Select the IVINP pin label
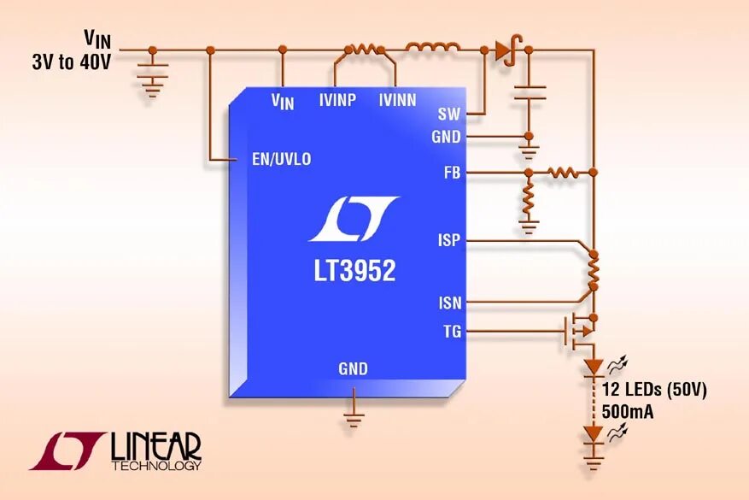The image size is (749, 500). [337, 101]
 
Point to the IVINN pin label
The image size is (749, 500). [397, 101]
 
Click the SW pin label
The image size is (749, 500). [449, 114]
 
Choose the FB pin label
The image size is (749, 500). [453, 173]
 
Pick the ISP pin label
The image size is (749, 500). [449, 240]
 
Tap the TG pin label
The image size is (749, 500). [452, 332]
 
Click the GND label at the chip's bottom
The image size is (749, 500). [353, 369]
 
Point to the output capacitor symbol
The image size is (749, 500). [530, 92]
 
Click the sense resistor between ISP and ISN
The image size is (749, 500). [593, 272]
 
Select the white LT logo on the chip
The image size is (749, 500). [353, 219]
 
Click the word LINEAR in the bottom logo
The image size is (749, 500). [155, 445]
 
